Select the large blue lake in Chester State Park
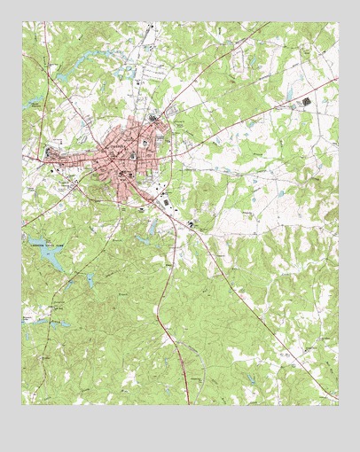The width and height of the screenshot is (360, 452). tap(48, 259)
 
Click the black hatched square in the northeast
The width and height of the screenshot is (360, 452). tap(308, 102)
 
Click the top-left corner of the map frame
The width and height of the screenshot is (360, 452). tap(22, 22)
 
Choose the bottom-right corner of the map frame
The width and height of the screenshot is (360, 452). tap(338, 405)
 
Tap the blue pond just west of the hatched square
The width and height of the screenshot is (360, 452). tap(288, 94)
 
